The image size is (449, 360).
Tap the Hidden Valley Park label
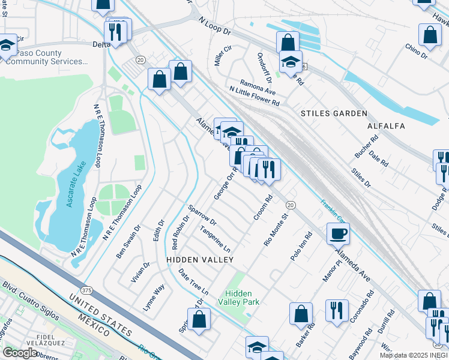coord(243,298)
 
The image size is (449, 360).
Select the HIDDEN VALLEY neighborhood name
coord(200,259)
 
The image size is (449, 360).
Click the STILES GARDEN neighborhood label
coord(334,113)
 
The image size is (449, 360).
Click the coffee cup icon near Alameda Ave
coord(338,233)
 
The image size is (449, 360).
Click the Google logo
coord(20,353)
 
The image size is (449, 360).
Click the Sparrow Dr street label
coord(202,217)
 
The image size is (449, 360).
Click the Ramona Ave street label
coord(257,86)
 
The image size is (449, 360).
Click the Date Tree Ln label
coord(193,281)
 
